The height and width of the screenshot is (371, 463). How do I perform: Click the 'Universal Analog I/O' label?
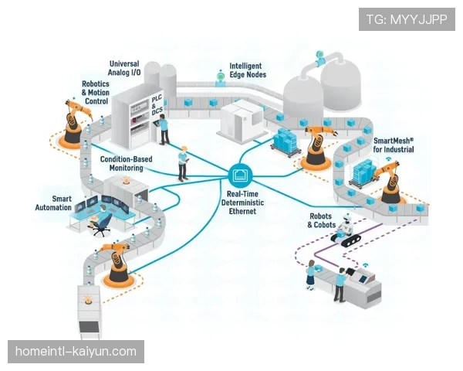pos(123,69)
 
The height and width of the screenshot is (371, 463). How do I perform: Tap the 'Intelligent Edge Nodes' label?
pos(247,71)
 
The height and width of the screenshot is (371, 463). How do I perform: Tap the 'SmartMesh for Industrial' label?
pos(394,145)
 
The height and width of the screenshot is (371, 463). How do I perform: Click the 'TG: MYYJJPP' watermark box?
pos(407,19)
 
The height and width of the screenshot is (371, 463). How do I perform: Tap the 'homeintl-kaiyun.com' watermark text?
pos(76,352)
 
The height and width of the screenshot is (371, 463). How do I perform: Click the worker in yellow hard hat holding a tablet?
pos(183,163)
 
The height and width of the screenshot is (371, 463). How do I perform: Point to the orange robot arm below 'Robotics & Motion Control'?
pos(73,122)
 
